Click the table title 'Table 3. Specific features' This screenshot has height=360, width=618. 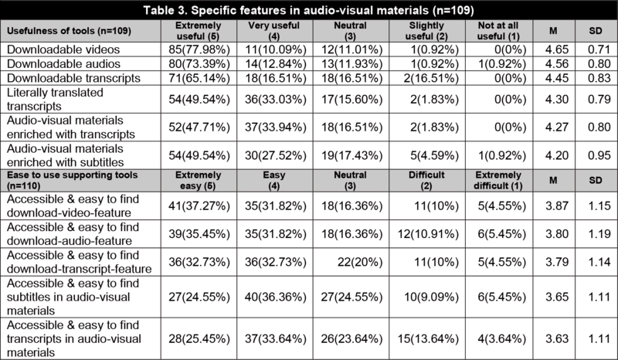(x=309, y=8)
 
